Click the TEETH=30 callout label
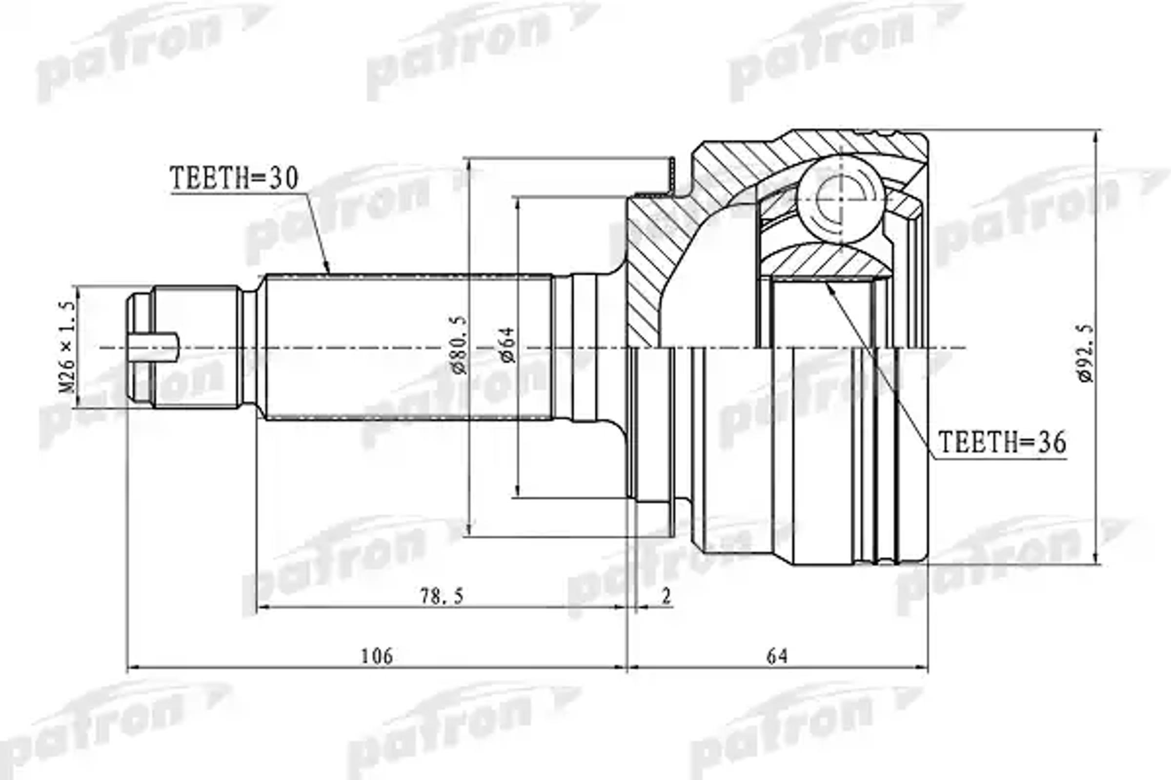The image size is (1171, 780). (x=234, y=178)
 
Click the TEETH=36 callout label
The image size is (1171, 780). (x=1002, y=442)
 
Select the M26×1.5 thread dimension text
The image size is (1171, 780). (x=68, y=347)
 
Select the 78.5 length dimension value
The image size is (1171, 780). (x=442, y=596)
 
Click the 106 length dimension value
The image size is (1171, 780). (x=376, y=656)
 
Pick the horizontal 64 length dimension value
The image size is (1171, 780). (x=777, y=656)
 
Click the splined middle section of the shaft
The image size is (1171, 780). (x=408, y=347)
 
